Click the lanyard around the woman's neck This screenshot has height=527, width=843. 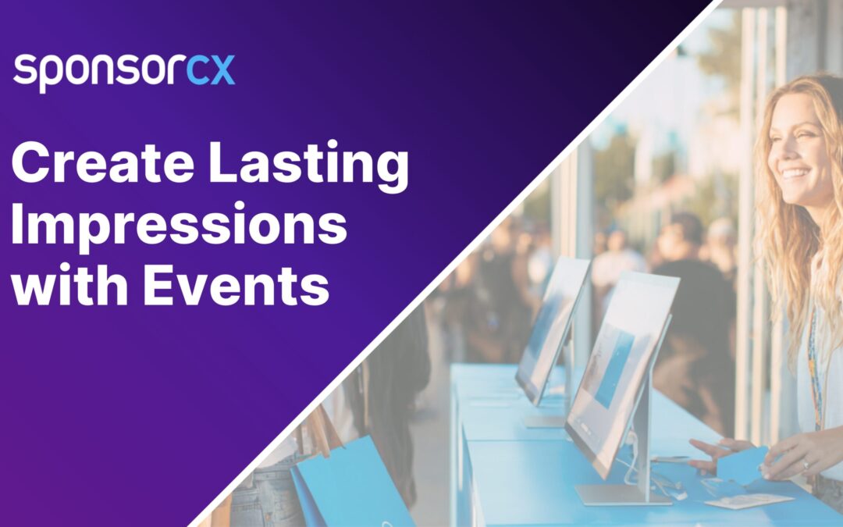coord(815,367)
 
